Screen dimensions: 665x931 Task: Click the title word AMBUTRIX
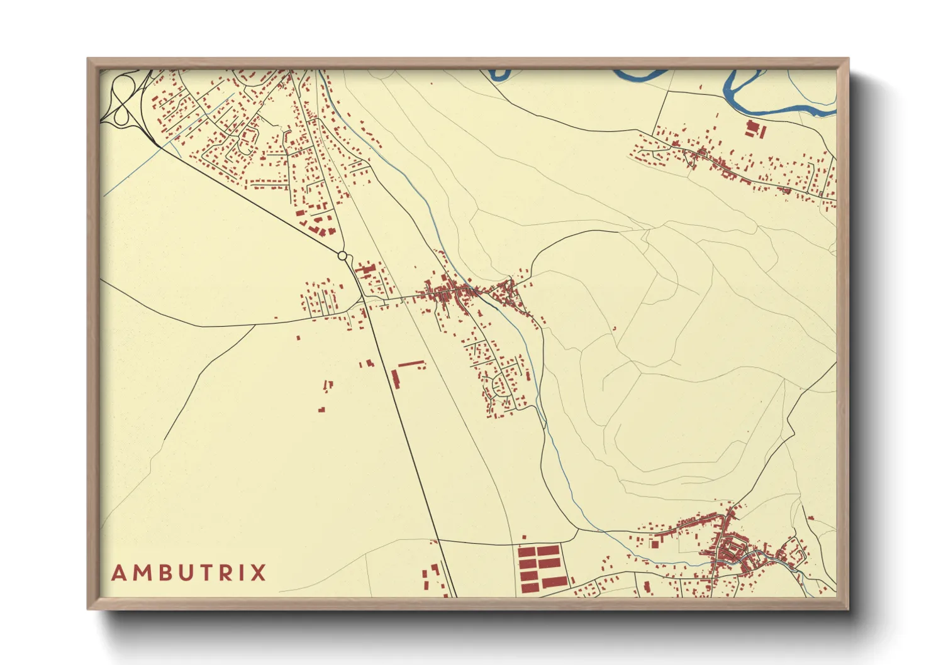[x=189, y=573]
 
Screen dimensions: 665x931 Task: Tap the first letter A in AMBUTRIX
[x=120, y=573]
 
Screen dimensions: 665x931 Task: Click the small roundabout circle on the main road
[x=342, y=256]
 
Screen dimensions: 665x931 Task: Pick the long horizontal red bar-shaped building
[x=411, y=364]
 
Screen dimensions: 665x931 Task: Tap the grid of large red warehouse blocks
[x=539, y=569]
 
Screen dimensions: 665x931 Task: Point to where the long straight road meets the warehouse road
[x=437, y=540]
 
